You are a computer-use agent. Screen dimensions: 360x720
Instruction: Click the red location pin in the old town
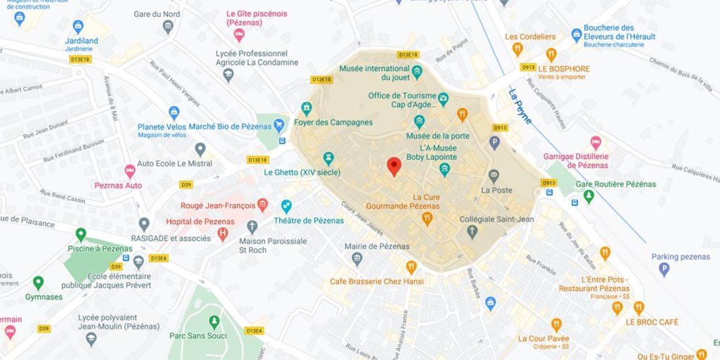394,166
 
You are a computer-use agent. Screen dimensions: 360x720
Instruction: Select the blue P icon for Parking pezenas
664,269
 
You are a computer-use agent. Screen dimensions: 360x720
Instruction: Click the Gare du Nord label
157,13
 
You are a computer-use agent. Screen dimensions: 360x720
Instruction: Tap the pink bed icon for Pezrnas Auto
129,170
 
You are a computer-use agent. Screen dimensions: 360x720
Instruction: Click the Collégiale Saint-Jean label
496,219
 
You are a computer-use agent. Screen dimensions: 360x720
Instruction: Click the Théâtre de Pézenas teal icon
286,206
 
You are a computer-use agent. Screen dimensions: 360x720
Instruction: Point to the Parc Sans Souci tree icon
214,321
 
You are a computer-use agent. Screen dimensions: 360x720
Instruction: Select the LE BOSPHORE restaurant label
564,69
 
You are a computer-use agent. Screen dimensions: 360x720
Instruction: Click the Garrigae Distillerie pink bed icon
596,142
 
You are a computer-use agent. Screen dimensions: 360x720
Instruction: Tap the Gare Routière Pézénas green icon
589,196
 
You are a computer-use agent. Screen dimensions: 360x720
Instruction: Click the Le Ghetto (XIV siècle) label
302,172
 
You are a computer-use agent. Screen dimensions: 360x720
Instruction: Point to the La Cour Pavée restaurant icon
556,324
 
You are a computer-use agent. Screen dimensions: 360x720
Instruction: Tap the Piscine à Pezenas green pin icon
81,234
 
